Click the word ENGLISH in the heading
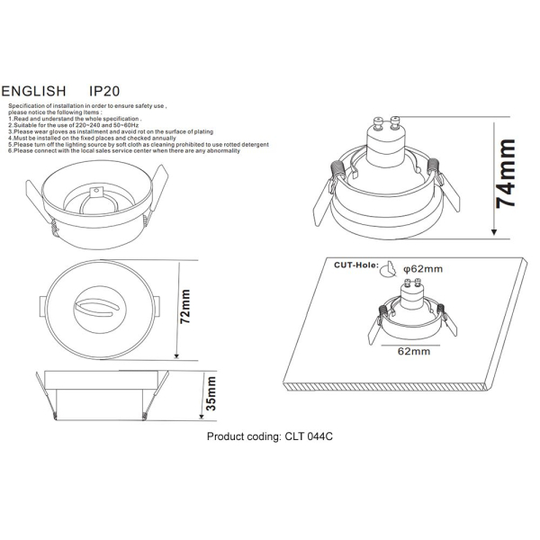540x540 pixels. pos(33,92)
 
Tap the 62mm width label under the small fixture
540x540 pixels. pos(413,353)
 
